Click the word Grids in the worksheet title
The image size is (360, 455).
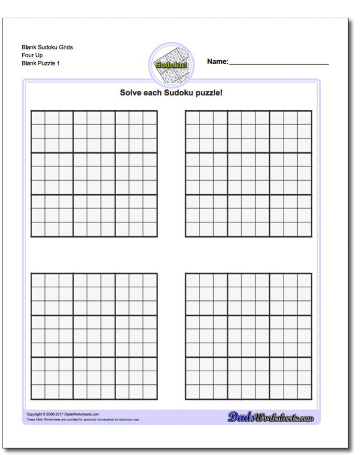65,47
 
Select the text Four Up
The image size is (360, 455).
32,55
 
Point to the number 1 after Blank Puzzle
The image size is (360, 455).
58,63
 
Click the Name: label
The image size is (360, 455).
217,62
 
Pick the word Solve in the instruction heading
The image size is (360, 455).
130,92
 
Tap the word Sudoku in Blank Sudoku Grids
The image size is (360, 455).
49,47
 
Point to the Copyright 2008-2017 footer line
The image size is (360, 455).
63,414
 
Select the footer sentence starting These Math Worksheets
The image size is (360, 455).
83,420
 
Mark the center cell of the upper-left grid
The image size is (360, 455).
94,174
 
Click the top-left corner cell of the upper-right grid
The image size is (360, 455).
192,118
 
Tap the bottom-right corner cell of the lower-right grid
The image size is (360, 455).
305,392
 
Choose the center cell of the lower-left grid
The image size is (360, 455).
94,336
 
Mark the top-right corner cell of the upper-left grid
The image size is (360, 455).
150,118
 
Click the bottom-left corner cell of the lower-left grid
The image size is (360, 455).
38,392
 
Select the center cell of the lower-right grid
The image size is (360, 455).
249,336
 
